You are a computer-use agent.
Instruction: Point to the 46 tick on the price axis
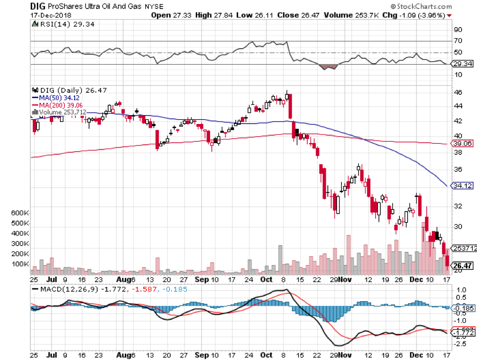pyautogui.click(x=457, y=92)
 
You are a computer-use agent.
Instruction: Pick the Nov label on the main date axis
pyautogui.click(x=345, y=278)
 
